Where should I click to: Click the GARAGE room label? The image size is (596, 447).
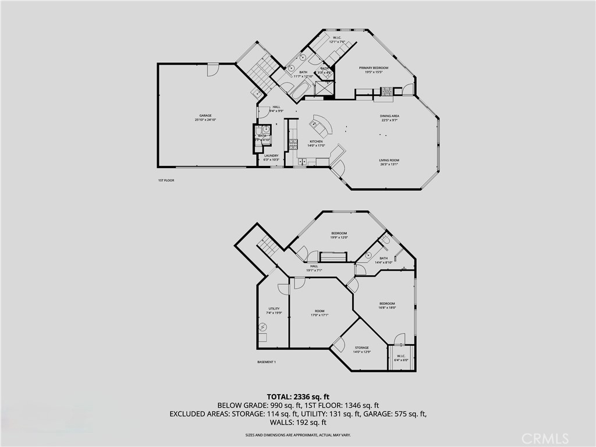[205, 116]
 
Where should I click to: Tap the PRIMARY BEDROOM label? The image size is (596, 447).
[373, 68]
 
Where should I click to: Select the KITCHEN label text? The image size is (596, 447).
[316, 141]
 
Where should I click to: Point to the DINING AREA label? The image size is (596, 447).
[390, 116]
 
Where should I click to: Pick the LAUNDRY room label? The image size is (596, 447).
[271, 155]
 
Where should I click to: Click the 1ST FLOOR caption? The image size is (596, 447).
[166, 180]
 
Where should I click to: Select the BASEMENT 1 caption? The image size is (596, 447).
[267, 362]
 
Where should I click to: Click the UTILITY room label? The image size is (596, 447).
[274, 309]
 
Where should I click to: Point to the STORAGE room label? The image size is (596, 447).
[361, 348]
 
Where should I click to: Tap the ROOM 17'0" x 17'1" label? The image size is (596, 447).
[320, 311]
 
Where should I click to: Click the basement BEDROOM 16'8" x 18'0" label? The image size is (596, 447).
[387, 304]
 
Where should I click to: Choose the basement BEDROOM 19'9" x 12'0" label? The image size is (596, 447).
[339, 233]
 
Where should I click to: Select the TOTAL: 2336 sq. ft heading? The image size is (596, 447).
[298, 396]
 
